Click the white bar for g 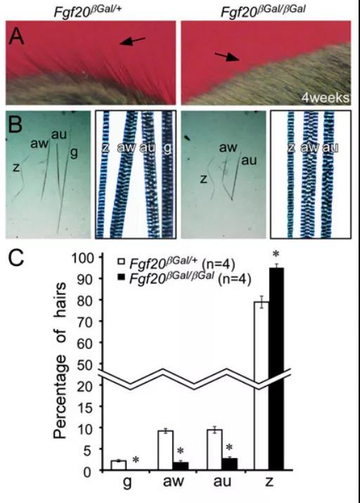point(119,466)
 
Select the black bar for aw point(181,466)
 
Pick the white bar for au point(214,450)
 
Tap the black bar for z point(276,369)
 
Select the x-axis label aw point(174,481)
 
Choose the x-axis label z point(269,482)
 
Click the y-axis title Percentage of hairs point(60,360)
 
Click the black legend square point(122,276)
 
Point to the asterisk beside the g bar point(136,460)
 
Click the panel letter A point(16,37)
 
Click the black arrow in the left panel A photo point(133,41)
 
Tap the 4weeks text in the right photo point(325,97)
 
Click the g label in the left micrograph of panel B point(74,153)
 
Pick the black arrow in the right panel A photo point(227,57)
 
